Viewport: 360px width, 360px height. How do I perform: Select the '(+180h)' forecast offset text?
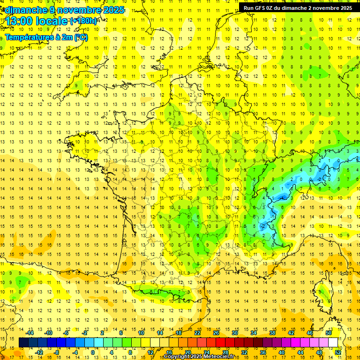pyautogui.click(x=83, y=21)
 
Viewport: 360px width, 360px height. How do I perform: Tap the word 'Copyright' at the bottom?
pyautogui.click(x=178, y=357)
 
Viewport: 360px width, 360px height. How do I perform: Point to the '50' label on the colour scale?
pyautogui.click(x=328, y=333)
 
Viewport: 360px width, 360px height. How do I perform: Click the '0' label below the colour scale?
pyautogui.click(x=93, y=352)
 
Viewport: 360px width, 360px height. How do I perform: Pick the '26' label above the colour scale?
pyautogui.click(x=216, y=333)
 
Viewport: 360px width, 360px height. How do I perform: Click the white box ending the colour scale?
pyautogui.click(x=333, y=342)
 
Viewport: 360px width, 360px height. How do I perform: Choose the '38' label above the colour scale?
pyautogui.click(x=272, y=333)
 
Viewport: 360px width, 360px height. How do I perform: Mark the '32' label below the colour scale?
pyautogui.click(x=244, y=352)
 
